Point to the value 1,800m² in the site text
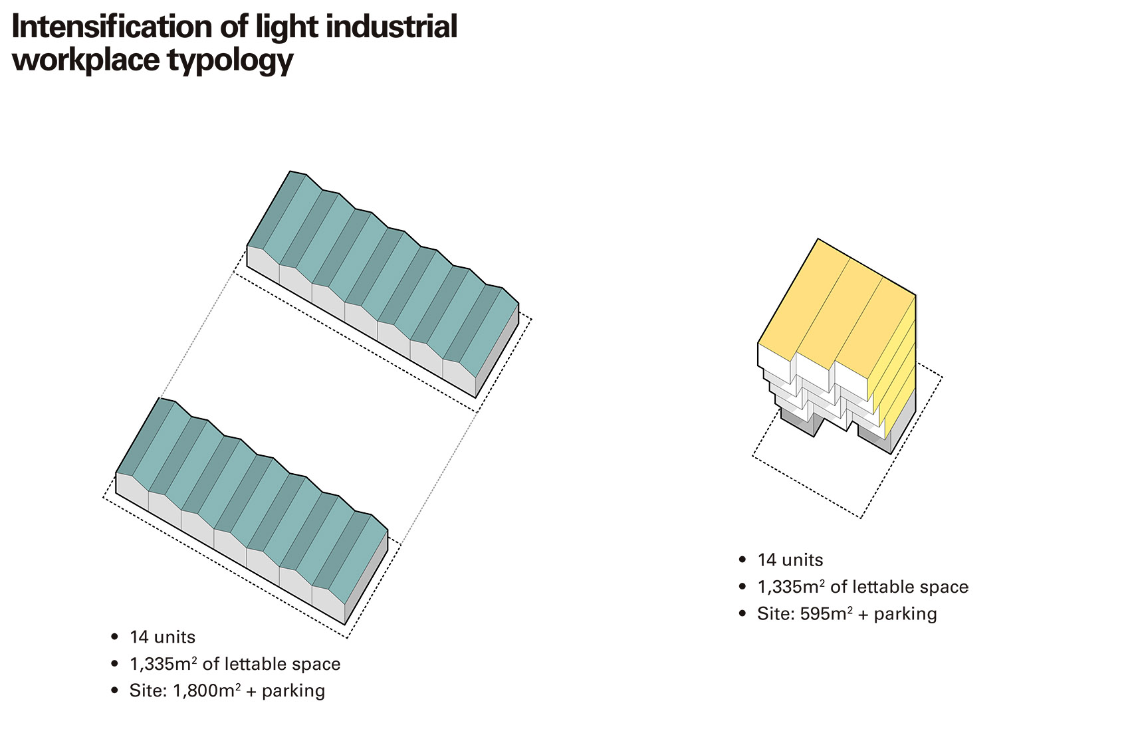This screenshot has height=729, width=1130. point(207,690)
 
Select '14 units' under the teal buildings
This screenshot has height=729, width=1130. point(162,637)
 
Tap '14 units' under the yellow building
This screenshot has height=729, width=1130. point(790,560)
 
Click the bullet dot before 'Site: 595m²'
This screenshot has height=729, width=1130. point(742,613)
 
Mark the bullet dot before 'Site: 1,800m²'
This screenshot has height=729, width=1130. point(114,690)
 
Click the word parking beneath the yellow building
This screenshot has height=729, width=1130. point(905,614)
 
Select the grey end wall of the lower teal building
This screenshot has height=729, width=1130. point(366,577)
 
